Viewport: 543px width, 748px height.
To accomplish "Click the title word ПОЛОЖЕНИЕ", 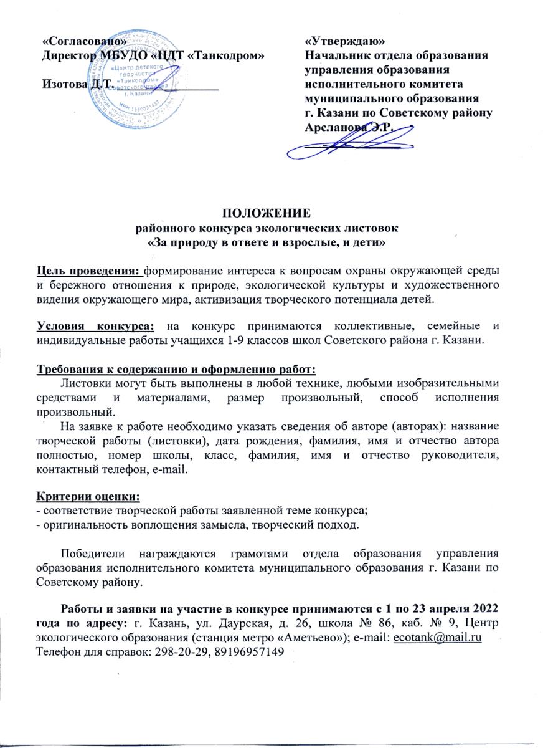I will [271, 214].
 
